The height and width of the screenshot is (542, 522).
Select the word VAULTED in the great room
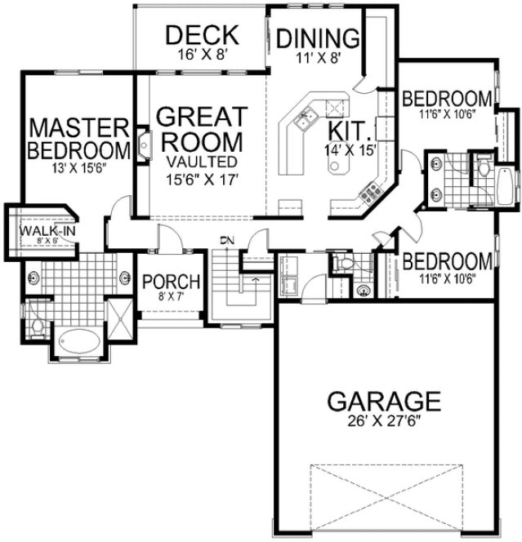200,161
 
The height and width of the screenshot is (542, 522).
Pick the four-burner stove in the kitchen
369,193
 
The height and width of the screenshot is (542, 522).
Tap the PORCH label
171,282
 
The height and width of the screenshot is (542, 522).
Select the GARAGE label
384,401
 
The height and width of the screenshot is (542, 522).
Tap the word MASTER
78,128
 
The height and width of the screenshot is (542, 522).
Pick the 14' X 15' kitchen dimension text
350,149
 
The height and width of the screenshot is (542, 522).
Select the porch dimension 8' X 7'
170,297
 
